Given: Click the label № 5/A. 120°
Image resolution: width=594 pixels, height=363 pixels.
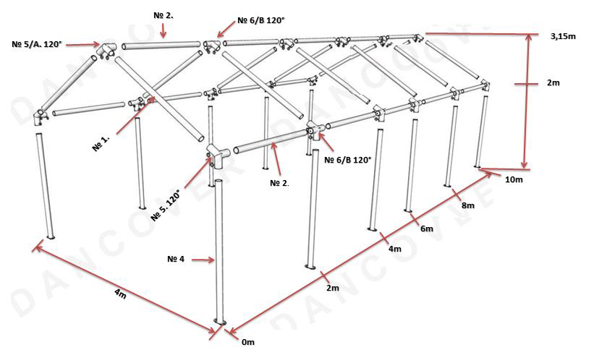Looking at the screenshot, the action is (x=36, y=44).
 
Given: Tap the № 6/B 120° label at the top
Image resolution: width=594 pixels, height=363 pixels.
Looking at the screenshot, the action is (x=260, y=20).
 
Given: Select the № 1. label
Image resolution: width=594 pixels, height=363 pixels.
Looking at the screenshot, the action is (x=101, y=143).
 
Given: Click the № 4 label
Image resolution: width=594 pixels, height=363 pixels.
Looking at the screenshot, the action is (x=176, y=259).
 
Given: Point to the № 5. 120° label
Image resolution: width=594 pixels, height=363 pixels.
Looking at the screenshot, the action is (x=165, y=205).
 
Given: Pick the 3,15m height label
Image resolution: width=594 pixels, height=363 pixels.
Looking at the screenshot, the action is (x=563, y=36).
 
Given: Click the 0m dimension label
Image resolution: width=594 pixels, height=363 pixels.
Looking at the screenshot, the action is (x=248, y=342).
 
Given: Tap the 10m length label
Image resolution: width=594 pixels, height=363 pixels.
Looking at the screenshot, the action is (x=514, y=179).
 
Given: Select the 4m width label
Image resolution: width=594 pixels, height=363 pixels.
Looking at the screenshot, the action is (x=120, y=294).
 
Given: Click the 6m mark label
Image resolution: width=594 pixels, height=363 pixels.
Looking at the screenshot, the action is (x=427, y=229).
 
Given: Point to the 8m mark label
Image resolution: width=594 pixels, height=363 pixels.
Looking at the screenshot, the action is (x=468, y=205).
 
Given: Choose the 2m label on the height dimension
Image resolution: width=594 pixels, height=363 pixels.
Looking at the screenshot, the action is (x=553, y=82).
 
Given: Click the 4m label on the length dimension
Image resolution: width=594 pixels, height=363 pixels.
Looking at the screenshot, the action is (x=395, y=249).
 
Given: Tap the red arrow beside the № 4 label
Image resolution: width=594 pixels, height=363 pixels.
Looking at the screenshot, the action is (x=203, y=260).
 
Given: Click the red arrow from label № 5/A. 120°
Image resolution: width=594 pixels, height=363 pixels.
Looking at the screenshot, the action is (x=83, y=45).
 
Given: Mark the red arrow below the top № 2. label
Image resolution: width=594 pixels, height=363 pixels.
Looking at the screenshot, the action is (x=163, y=30).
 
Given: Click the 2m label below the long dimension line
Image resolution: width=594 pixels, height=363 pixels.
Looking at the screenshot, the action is (x=333, y=288).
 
